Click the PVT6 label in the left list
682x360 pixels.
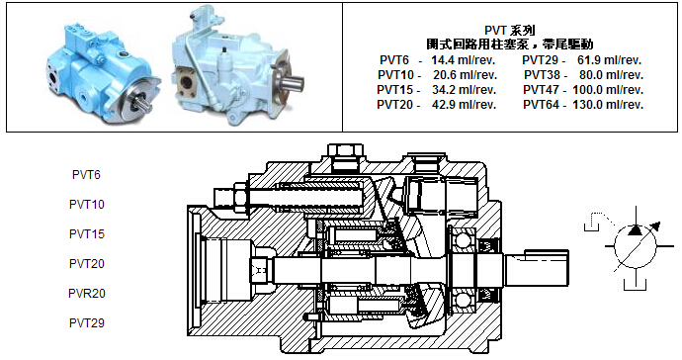86,174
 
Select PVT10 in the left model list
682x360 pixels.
87,204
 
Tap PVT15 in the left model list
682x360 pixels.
87,233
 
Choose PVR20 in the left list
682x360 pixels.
87,294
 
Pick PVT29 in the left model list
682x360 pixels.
87,323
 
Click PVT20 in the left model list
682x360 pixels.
87,263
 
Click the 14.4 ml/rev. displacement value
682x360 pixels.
464,60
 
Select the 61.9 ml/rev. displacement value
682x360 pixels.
610,60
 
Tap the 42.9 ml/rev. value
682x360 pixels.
464,105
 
